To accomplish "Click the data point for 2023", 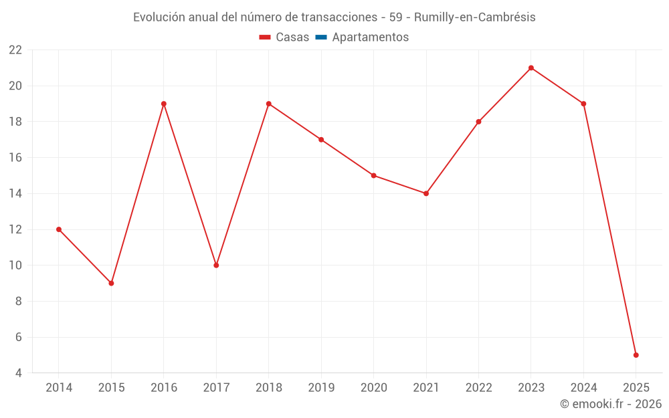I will pos(531,68).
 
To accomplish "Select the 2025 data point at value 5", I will pos(636,355).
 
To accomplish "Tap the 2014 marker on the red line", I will pos(59,229).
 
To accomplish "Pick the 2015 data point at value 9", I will pos(111,283).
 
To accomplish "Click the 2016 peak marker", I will pos(164,104).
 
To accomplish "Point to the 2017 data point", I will pos(216,266).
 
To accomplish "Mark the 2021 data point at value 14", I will pos(426,193).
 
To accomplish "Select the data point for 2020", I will pos(373,175).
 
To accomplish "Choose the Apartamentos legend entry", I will pos(370,37).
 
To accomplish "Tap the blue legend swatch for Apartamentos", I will pos(321,37).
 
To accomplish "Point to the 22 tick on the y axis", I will pos(15,50).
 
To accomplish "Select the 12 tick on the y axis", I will pos(15,229).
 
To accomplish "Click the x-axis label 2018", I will pos(268,388).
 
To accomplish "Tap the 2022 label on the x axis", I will pos(478,388).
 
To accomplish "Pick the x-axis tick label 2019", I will pos(321,388).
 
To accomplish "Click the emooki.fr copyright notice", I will pos(611,404).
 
